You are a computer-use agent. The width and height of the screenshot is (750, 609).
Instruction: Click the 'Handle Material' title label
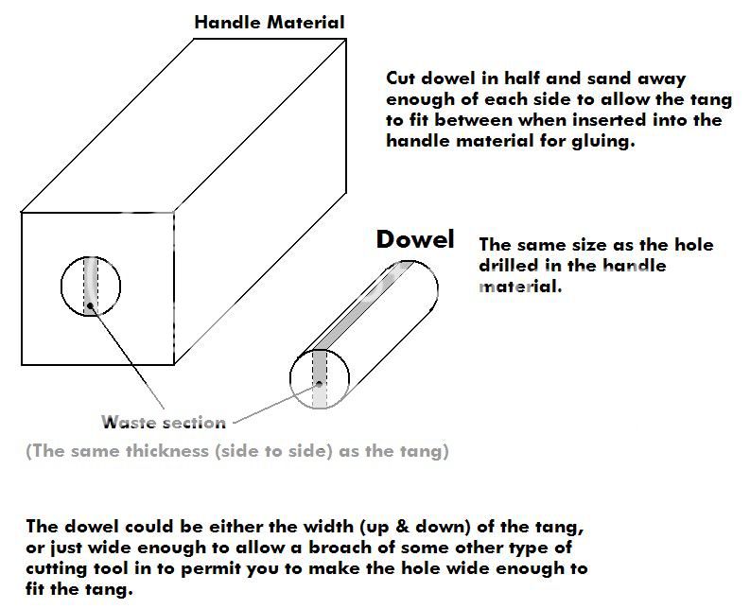[270, 23]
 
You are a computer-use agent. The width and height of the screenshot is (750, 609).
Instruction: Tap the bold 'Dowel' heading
[415, 238]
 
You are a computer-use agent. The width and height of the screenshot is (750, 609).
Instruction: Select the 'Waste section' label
[164, 422]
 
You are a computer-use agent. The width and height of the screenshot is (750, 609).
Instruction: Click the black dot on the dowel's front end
[319, 383]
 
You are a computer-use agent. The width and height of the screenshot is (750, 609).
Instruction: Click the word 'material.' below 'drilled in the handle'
[520, 287]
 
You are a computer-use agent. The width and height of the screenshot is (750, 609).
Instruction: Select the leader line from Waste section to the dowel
[275, 404]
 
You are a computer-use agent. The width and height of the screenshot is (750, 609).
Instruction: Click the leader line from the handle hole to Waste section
[127, 357]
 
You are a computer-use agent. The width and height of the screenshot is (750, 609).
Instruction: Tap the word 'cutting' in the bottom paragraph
[57, 569]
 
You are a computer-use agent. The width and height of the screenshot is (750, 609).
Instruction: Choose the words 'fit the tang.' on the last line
[78, 589]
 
